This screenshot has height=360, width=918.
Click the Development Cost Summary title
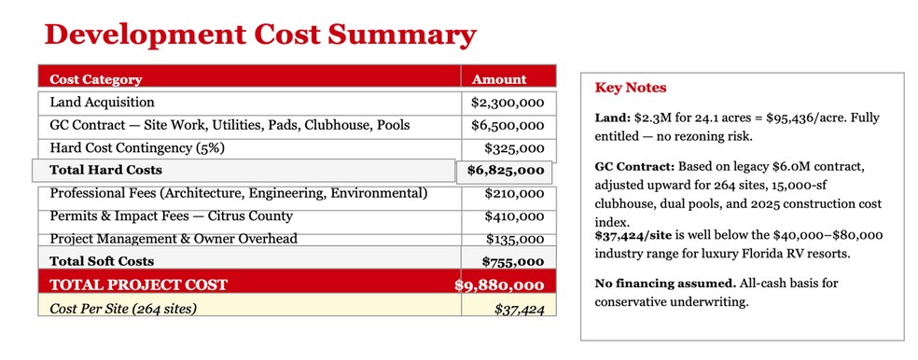[x=260, y=35]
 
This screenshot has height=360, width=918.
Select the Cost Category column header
[x=96, y=79]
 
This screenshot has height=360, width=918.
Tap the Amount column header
[x=499, y=79]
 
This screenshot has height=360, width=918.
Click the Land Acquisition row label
[x=103, y=103]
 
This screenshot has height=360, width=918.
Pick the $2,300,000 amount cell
[x=508, y=103]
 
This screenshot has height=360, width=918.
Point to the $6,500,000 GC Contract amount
[x=508, y=126]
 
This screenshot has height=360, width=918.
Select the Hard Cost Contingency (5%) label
[x=137, y=148]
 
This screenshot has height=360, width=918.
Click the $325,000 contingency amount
[x=515, y=148]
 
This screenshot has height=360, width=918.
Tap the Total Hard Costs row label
[x=106, y=171]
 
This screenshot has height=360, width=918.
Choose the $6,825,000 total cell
[x=506, y=171]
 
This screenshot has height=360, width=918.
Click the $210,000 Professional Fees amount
[x=515, y=194]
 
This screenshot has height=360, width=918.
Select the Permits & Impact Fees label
[x=171, y=216]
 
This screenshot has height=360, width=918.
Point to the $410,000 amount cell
[x=515, y=216]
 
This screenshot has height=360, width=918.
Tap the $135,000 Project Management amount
[x=515, y=239]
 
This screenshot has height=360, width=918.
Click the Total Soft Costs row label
[x=102, y=261]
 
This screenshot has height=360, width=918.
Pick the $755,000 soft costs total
[x=513, y=262]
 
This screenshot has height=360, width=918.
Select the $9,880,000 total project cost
[x=499, y=285]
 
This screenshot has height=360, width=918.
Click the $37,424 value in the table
[x=520, y=309]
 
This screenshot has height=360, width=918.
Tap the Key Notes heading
[x=631, y=88]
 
